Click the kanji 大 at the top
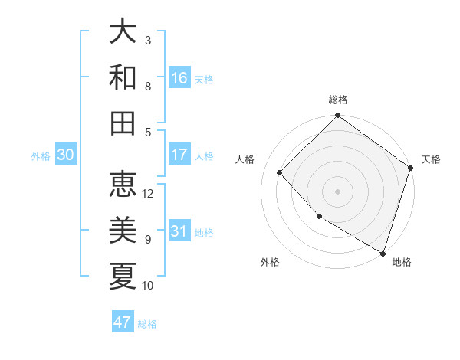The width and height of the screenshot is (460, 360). (123, 32)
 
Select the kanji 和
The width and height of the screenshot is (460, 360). (123, 77)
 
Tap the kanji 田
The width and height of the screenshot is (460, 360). (123, 123)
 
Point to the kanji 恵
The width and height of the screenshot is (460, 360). (123, 185)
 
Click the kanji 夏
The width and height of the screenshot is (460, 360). (123, 276)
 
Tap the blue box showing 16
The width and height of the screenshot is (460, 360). (179, 78)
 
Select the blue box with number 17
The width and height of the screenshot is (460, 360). (179, 155)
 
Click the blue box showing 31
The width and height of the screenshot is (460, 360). (179, 231)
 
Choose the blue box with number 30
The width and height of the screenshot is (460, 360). (66, 155)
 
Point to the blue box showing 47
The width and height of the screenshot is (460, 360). (123, 322)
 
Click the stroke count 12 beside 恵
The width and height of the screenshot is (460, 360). (149, 194)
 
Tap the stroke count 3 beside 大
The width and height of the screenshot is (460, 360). (148, 41)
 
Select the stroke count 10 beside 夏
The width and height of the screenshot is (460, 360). (149, 286)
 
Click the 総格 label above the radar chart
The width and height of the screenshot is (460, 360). (337, 100)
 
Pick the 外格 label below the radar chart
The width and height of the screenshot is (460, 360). (270, 262)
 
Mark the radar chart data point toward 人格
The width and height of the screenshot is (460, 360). (280, 172)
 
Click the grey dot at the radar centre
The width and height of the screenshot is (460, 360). (337, 191)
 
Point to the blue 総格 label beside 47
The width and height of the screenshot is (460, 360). (147, 324)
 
